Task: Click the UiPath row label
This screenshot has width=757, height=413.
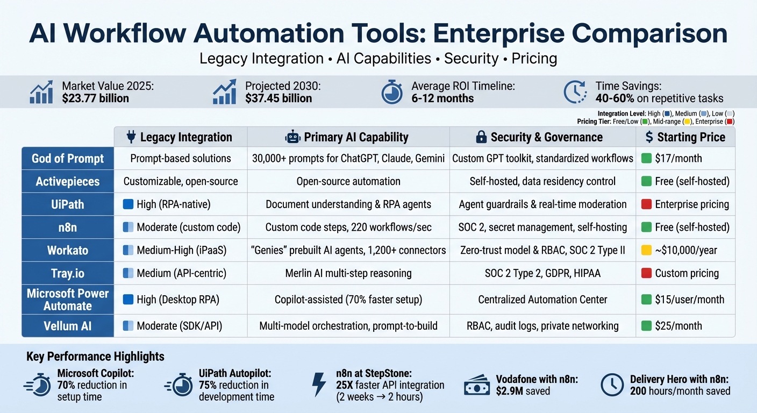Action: [68, 204]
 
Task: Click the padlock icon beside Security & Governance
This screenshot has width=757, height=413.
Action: [482, 137]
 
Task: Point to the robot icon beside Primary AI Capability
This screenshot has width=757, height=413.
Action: [292, 137]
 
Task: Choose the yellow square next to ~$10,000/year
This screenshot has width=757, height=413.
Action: [646, 250]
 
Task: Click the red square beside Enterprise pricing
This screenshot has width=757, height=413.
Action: [646, 204]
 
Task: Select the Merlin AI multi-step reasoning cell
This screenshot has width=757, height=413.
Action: [348, 273]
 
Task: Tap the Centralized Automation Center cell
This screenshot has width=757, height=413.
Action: [542, 300]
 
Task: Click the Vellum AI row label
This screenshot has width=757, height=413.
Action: [68, 325]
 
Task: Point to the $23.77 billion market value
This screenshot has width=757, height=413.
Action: [96, 98]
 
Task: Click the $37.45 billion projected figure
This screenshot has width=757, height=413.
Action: [278, 98]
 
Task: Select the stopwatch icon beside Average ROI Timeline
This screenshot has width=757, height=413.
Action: [392, 92]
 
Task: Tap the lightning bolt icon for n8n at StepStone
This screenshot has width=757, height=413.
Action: [319, 384]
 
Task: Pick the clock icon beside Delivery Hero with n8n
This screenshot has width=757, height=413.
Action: [611, 385]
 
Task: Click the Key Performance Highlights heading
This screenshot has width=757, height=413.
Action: [95, 357]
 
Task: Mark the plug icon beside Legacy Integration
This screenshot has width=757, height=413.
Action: [131, 137]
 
